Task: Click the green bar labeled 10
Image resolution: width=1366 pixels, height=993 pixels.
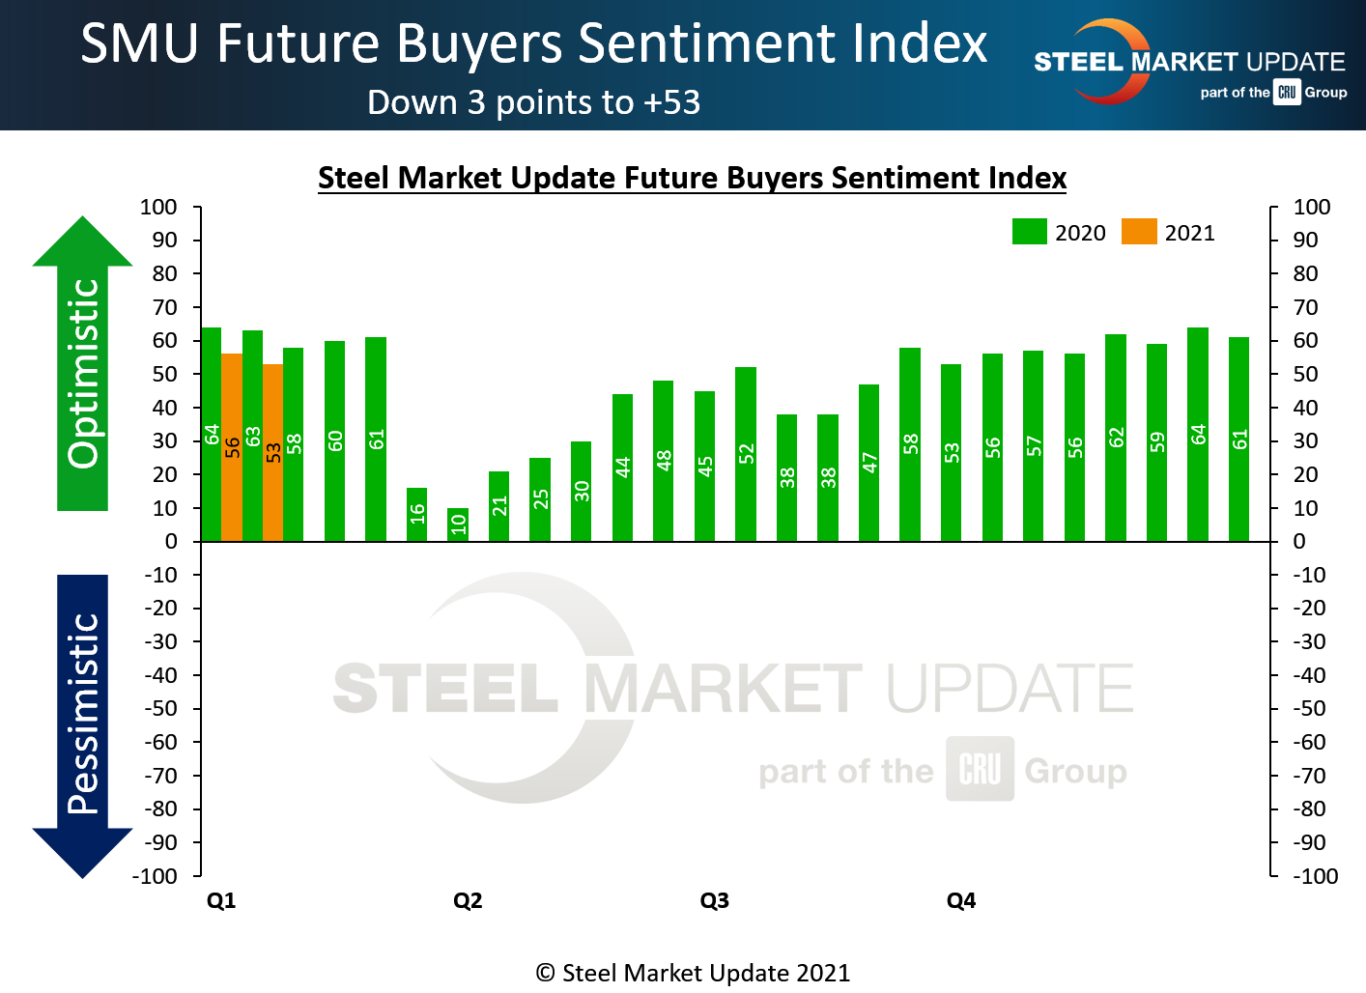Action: (458, 525)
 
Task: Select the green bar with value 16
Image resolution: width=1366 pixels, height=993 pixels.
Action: (416, 514)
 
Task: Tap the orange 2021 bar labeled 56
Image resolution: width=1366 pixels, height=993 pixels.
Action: (232, 447)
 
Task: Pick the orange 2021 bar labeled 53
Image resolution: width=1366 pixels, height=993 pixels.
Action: (272, 452)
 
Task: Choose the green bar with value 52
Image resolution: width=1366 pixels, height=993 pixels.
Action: (746, 453)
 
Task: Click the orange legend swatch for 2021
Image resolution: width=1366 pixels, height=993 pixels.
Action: (1139, 232)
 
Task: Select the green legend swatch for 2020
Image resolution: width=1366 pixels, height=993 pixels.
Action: (1030, 232)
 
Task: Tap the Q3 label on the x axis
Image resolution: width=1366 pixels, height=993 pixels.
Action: (714, 900)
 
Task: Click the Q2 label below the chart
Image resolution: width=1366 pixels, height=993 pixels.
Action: (468, 900)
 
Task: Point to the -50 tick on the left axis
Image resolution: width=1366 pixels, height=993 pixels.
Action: (161, 708)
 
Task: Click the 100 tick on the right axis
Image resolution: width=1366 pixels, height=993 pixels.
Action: (1312, 207)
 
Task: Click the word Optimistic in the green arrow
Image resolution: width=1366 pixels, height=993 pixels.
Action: (83, 373)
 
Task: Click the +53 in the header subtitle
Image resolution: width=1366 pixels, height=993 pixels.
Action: (671, 102)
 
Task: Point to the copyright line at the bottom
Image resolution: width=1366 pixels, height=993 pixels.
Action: (693, 973)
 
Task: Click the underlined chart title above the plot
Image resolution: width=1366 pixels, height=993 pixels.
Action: (692, 178)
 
